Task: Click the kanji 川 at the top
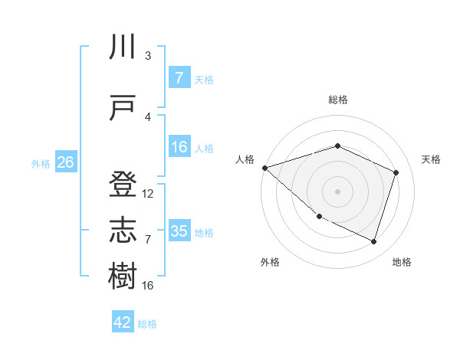tap(123, 48)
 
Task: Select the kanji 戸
tap(123, 107)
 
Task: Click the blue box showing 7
tap(179, 77)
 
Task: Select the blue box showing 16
tap(179, 147)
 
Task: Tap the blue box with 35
tap(179, 231)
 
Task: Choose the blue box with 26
tap(65, 162)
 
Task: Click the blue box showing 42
tap(123, 322)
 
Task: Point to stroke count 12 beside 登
tap(148, 194)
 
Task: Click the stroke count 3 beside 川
tap(148, 56)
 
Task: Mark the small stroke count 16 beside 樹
tap(148, 285)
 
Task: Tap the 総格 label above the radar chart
tap(337, 100)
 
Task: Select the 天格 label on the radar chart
tap(431, 159)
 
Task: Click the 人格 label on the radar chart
tap(245, 159)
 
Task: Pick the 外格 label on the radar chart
tap(270, 262)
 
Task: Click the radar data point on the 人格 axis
tap(264, 167)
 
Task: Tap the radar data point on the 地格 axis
tap(373, 241)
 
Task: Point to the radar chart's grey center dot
tap(337, 191)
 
